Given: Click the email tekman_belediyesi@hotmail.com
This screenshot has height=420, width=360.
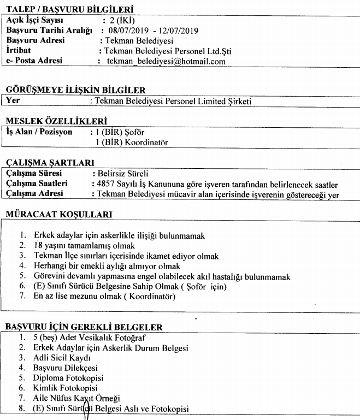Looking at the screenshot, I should tap(166, 62).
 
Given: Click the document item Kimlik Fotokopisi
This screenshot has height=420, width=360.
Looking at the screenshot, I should tap(62, 388).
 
